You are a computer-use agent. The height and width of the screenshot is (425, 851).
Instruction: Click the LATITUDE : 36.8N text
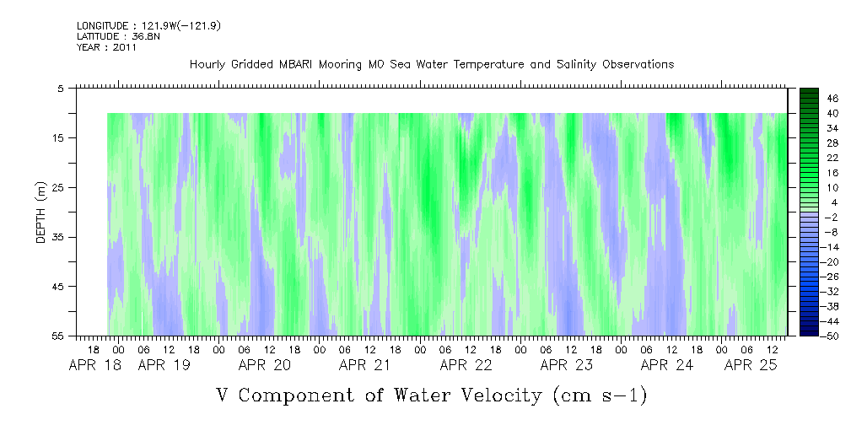point(109,37)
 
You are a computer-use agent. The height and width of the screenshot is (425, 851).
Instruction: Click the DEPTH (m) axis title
point(41,214)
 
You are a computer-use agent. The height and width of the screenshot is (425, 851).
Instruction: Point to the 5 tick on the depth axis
point(61,88)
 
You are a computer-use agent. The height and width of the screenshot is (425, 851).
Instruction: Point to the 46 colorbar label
point(810,99)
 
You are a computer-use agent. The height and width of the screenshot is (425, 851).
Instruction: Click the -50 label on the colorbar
point(808,336)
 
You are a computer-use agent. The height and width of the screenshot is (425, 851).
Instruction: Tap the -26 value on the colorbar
point(808,277)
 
